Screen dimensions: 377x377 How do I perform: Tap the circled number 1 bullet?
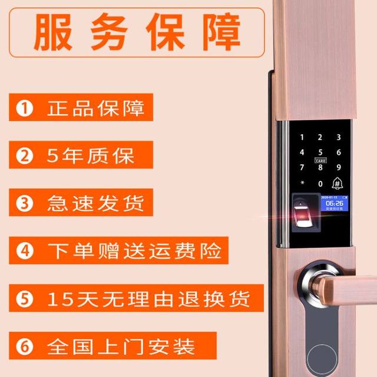point(24,109)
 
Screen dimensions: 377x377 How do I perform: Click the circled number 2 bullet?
point(24,156)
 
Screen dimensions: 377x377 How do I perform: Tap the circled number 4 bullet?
point(24,250)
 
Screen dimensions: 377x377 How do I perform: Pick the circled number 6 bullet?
point(24,345)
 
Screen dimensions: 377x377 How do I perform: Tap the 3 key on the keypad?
point(338,137)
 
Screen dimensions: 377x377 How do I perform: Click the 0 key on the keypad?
point(320,183)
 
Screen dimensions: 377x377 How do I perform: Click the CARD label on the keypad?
point(320,160)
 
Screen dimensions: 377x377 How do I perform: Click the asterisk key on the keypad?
point(302,183)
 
